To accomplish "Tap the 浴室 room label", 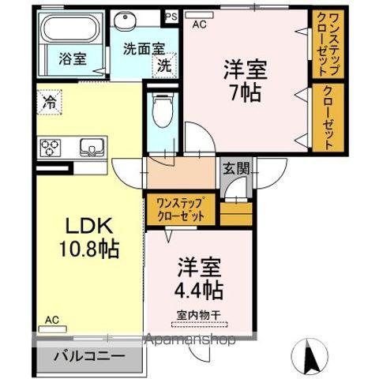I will coord(73,58).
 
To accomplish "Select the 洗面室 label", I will coord(144,48).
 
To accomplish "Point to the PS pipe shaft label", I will coord(170,14).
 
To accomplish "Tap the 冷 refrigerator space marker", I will coord(49,101).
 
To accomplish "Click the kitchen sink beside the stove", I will coord(88,147).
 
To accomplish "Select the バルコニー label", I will coord(88,356).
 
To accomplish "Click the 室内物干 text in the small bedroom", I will coord(197,315).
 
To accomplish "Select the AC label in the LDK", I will coord(52,320).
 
